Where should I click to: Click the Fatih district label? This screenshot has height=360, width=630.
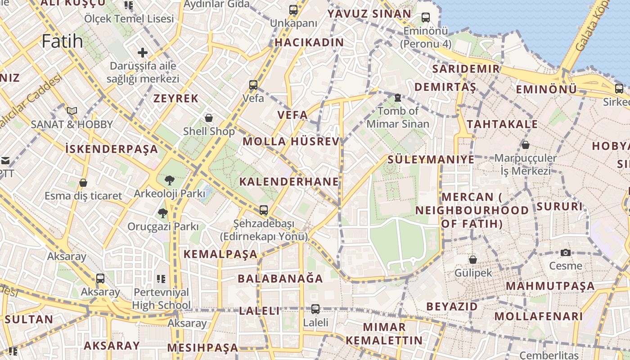(x=62, y=41)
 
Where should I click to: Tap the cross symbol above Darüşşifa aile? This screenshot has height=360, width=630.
(x=143, y=53)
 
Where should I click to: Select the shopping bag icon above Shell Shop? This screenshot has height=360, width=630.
(x=209, y=118)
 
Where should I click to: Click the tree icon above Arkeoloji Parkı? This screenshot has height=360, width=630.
(x=170, y=180)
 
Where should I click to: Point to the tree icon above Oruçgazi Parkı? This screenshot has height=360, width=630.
(x=162, y=213)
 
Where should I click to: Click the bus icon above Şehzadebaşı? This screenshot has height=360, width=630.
(x=264, y=210)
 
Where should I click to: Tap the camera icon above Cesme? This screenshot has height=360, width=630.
(x=566, y=252)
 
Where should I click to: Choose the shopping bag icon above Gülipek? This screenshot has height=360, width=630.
(x=473, y=259)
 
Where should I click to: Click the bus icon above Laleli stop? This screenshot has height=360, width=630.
(x=315, y=309)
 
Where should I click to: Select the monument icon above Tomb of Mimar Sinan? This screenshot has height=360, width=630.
(x=398, y=97)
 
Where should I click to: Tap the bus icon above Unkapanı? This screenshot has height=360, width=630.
(x=293, y=9)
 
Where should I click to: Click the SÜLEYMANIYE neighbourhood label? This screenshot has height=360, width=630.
(x=431, y=159)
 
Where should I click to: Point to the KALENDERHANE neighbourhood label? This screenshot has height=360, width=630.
(x=289, y=182)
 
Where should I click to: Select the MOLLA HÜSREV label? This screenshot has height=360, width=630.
(x=291, y=141)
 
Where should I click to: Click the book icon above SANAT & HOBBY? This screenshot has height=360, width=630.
(x=72, y=111)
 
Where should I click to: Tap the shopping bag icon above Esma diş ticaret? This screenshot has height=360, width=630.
(x=83, y=183)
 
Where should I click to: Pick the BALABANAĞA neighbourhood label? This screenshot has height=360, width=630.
(x=280, y=279)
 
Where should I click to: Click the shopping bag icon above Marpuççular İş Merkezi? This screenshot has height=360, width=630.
(x=525, y=145)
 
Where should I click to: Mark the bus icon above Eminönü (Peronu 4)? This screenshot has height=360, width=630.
(x=426, y=18)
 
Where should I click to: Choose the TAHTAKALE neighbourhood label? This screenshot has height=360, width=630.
(x=502, y=124)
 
